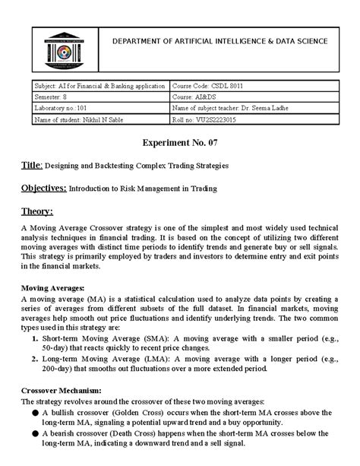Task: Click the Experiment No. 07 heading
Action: click(180, 143)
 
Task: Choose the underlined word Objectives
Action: click(43, 187)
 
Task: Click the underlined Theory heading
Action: click(37, 211)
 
